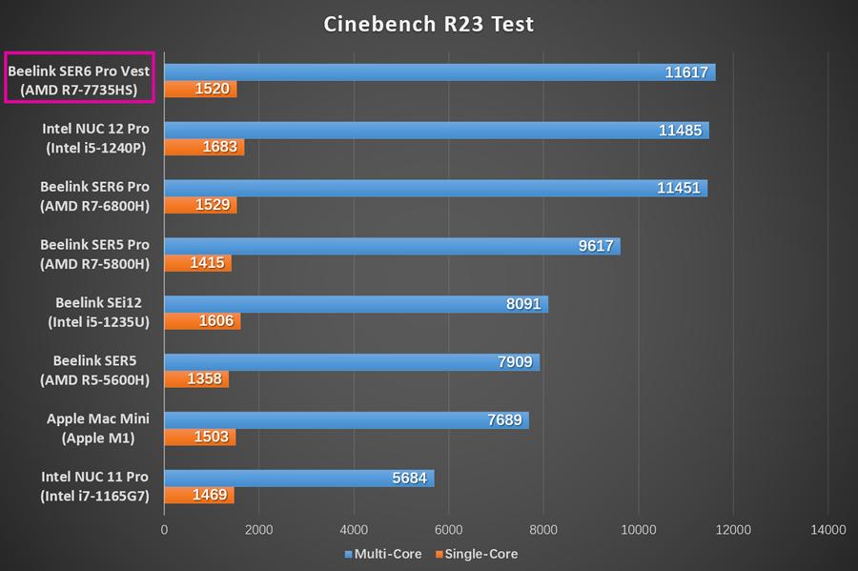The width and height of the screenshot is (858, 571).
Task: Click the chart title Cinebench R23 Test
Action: (428, 23)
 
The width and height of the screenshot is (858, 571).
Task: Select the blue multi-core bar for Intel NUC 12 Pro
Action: (436, 130)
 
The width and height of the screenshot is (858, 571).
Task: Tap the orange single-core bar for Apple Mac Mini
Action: (199, 438)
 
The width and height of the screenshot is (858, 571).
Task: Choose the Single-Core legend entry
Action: (476, 554)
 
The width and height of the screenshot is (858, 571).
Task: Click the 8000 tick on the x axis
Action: (543, 529)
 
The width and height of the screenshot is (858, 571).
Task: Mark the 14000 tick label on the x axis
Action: (827, 529)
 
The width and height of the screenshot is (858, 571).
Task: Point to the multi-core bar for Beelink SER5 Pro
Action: (392, 246)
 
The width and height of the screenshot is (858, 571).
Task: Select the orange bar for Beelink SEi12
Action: (202, 322)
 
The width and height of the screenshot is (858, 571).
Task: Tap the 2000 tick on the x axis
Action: (259, 529)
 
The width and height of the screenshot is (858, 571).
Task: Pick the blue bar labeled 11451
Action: (435, 188)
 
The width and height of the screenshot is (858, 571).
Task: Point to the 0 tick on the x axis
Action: (165, 529)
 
